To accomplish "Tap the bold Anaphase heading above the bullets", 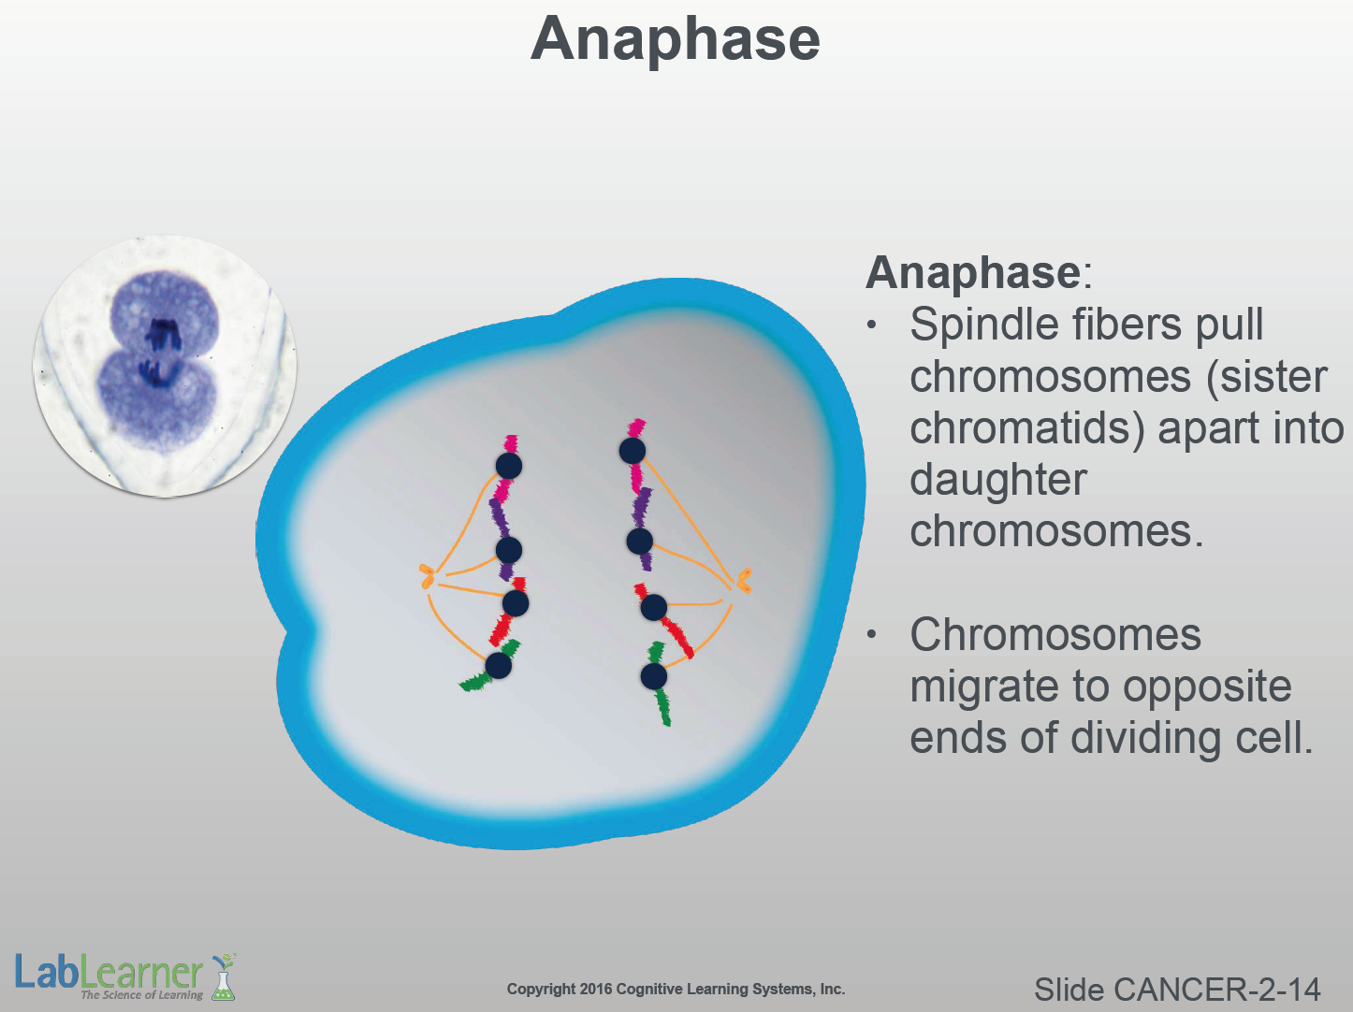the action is tap(973, 273).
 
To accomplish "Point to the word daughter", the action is tap(998, 481).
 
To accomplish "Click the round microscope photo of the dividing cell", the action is tap(165, 366).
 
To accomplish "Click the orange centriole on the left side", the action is tap(427, 576).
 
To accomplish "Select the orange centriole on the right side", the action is tap(744, 580).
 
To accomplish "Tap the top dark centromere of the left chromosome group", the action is tap(508, 466).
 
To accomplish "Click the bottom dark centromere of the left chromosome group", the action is tap(498, 665).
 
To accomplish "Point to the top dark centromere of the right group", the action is tap(633, 451).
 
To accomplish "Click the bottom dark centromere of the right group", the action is tap(653, 676).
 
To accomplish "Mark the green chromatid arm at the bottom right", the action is tap(663, 707).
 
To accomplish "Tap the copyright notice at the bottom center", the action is tap(676, 990).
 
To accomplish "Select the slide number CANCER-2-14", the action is tap(1216, 990).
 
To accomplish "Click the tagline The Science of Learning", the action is tap(142, 995).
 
